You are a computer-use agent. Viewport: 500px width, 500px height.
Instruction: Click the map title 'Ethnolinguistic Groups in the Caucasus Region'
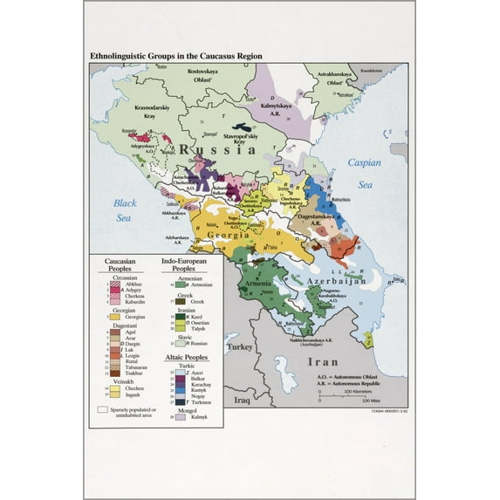click(x=175, y=56)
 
